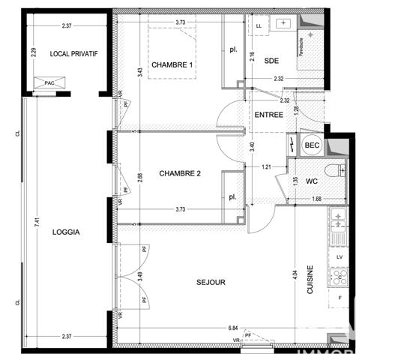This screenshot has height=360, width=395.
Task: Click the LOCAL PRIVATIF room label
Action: point(74,54)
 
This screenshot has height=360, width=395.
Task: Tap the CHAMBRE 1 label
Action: point(172,65)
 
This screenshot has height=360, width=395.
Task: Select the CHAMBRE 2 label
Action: point(180,173)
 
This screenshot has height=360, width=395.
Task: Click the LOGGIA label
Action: point(66,232)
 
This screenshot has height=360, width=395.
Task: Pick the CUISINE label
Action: point(310,286)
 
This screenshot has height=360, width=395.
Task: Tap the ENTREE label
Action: point(268,115)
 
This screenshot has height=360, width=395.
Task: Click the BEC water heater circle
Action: point(310,145)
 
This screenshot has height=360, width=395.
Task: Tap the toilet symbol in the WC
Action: point(334,169)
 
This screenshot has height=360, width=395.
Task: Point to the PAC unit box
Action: point(49,83)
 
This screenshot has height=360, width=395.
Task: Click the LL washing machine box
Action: point(259,26)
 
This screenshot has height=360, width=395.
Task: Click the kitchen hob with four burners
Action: point(340,278)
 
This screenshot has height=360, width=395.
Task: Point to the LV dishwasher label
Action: point(340,256)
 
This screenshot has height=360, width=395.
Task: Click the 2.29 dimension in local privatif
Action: point(33,53)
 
